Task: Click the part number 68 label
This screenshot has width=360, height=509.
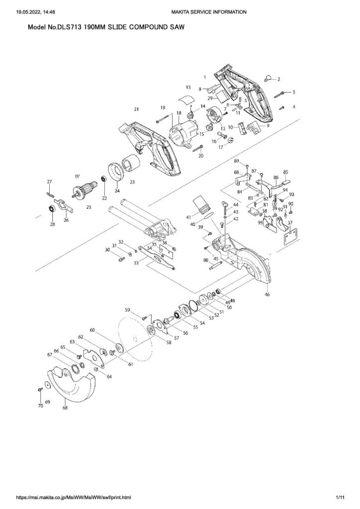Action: (x=65, y=408)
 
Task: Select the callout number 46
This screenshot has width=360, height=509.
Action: (x=267, y=295)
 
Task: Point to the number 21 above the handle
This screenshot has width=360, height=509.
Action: (x=135, y=108)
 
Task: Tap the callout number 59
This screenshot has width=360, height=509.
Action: (x=127, y=310)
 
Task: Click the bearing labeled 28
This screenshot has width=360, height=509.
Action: (x=51, y=209)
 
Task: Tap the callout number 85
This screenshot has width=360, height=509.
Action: (x=286, y=172)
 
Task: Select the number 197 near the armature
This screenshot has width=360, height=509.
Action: (x=77, y=176)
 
